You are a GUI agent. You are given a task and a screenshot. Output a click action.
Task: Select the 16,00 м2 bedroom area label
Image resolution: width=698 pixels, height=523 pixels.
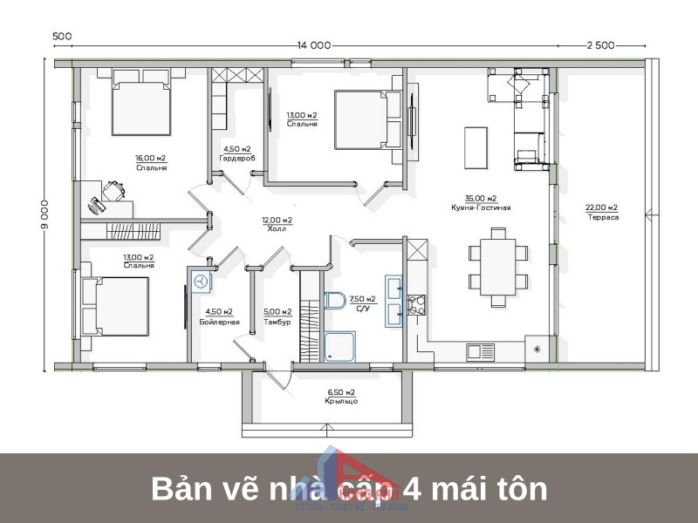pos(150,162)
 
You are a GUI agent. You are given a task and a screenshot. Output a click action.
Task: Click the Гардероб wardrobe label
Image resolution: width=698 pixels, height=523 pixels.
pos(236,158)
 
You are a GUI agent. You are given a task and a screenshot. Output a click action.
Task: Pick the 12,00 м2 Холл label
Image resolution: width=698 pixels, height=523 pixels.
pos(277,225)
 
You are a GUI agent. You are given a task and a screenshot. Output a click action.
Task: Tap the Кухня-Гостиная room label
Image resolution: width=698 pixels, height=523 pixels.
pos(481,208)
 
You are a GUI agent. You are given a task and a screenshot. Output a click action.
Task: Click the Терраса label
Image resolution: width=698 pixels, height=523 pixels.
pos(602,216)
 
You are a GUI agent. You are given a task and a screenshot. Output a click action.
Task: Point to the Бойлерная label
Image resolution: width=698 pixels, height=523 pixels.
pos(218,322)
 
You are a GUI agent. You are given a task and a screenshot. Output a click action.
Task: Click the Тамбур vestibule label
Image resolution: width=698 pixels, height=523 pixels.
pos(277,322)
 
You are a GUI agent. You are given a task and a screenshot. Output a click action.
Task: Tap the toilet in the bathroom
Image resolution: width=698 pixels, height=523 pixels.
pos(335,301)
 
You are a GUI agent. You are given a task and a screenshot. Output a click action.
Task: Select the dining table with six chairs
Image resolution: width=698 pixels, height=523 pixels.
pos(498,267)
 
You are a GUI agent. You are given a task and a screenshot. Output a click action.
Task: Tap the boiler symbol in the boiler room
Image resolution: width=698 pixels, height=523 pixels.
pos(202,282)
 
